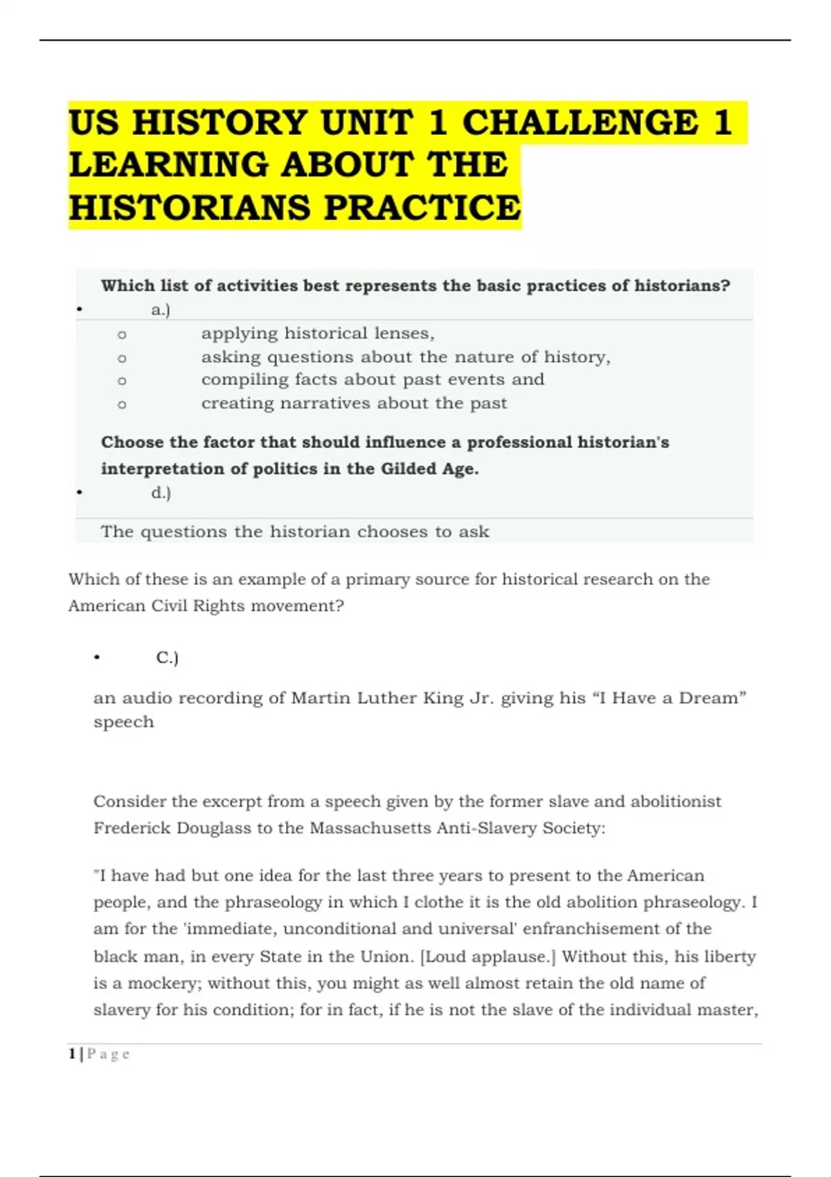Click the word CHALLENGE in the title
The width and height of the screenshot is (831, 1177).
580,123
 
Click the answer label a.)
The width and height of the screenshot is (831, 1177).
161,309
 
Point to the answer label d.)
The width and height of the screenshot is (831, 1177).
161,493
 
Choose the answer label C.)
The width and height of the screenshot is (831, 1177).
167,658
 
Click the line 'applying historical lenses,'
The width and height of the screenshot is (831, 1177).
318,334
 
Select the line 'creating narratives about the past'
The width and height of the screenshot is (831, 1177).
354,403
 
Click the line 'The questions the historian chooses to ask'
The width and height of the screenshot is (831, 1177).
295,532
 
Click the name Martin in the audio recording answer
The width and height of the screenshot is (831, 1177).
321,698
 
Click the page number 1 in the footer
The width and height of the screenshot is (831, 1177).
72,1054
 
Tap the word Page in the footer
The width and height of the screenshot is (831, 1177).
109,1054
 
